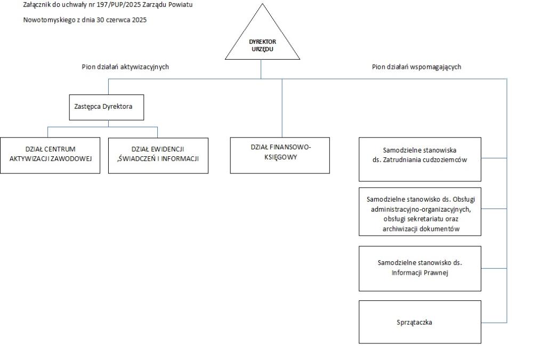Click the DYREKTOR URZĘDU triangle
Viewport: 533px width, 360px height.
pyautogui.click(x=262, y=41)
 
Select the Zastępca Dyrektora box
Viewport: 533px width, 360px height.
pyautogui.click(x=107, y=107)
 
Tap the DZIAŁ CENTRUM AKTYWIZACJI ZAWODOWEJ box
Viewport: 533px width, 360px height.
pyautogui.click(x=50, y=156)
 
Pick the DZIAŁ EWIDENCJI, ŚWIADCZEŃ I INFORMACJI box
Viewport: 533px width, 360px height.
pyautogui.click(x=158, y=156)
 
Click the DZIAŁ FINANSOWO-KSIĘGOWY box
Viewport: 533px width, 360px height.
pyautogui.click(x=280, y=156)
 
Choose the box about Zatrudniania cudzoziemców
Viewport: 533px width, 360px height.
pyautogui.click(x=420, y=159)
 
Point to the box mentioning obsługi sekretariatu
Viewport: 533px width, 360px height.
pyautogui.click(x=420, y=211)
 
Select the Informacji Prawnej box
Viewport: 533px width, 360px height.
pyautogui.click(x=420, y=268)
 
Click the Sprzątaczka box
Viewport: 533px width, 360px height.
pyautogui.click(x=420, y=322)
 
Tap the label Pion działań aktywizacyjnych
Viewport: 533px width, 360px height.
pyautogui.click(x=125, y=67)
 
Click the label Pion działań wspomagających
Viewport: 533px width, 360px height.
pyautogui.click(x=416, y=67)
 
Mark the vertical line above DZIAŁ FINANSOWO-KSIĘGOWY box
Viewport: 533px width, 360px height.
pyautogui.click(x=282, y=108)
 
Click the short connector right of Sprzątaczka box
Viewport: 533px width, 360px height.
pyautogui.click(x=494, y=322)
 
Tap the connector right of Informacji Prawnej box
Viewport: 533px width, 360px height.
pyautogui.click(x=494, y=268)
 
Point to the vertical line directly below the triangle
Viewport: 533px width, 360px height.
pyautogui.click(x=261, y=69)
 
